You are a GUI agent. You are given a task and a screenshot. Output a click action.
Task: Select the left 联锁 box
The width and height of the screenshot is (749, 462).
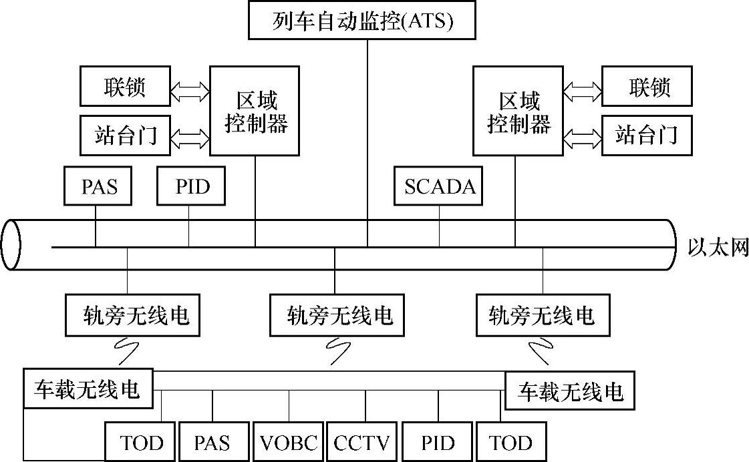[125, 86]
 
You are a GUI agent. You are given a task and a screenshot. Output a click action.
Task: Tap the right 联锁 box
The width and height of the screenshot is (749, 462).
[647, 86]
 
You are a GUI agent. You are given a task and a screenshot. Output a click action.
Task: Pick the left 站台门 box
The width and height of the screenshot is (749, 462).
[125, 136]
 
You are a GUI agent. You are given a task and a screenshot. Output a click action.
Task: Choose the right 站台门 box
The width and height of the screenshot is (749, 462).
[647, 136]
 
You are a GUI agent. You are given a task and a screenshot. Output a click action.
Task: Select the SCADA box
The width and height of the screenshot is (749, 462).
[440, 186]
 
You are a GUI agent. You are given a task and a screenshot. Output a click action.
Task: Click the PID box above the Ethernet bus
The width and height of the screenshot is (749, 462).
[192, 186]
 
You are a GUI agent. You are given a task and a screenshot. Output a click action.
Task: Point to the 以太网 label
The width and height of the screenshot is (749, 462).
[718, 248]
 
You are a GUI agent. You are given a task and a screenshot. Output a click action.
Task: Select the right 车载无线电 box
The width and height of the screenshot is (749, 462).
[570, 391]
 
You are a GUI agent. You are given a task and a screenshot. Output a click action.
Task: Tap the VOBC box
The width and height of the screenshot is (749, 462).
[289, 442]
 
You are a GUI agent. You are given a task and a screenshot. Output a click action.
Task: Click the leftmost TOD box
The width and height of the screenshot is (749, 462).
[141, 442]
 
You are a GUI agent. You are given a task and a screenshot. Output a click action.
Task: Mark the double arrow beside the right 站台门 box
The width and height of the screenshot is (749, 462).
[583, 138]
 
